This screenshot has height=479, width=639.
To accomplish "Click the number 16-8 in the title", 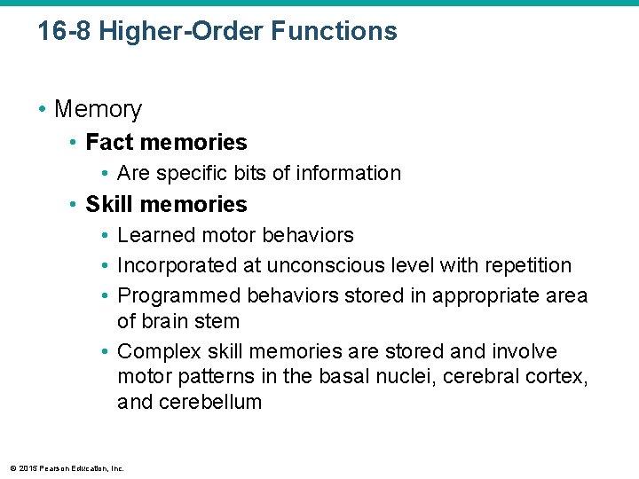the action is click(x=65, y=32).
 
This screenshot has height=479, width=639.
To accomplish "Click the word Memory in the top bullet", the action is click(x=98, y=109).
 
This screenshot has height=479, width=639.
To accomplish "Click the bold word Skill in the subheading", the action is click(x=108, y=204).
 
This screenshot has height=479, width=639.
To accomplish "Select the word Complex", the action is click(x=154, y=351).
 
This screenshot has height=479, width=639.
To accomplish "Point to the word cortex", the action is click(x=561, y=376).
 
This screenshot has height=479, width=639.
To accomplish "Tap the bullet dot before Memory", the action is click(x=42, y=110).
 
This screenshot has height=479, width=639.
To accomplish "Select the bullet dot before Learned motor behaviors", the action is click(x=105, y=236).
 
